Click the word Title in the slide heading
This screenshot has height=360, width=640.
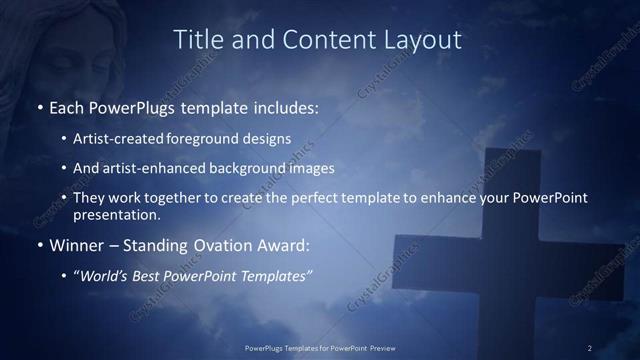198,40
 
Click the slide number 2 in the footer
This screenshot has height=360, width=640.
590,348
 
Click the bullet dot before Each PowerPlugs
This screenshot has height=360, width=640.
39,108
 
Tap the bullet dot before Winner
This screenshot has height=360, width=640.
39,245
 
